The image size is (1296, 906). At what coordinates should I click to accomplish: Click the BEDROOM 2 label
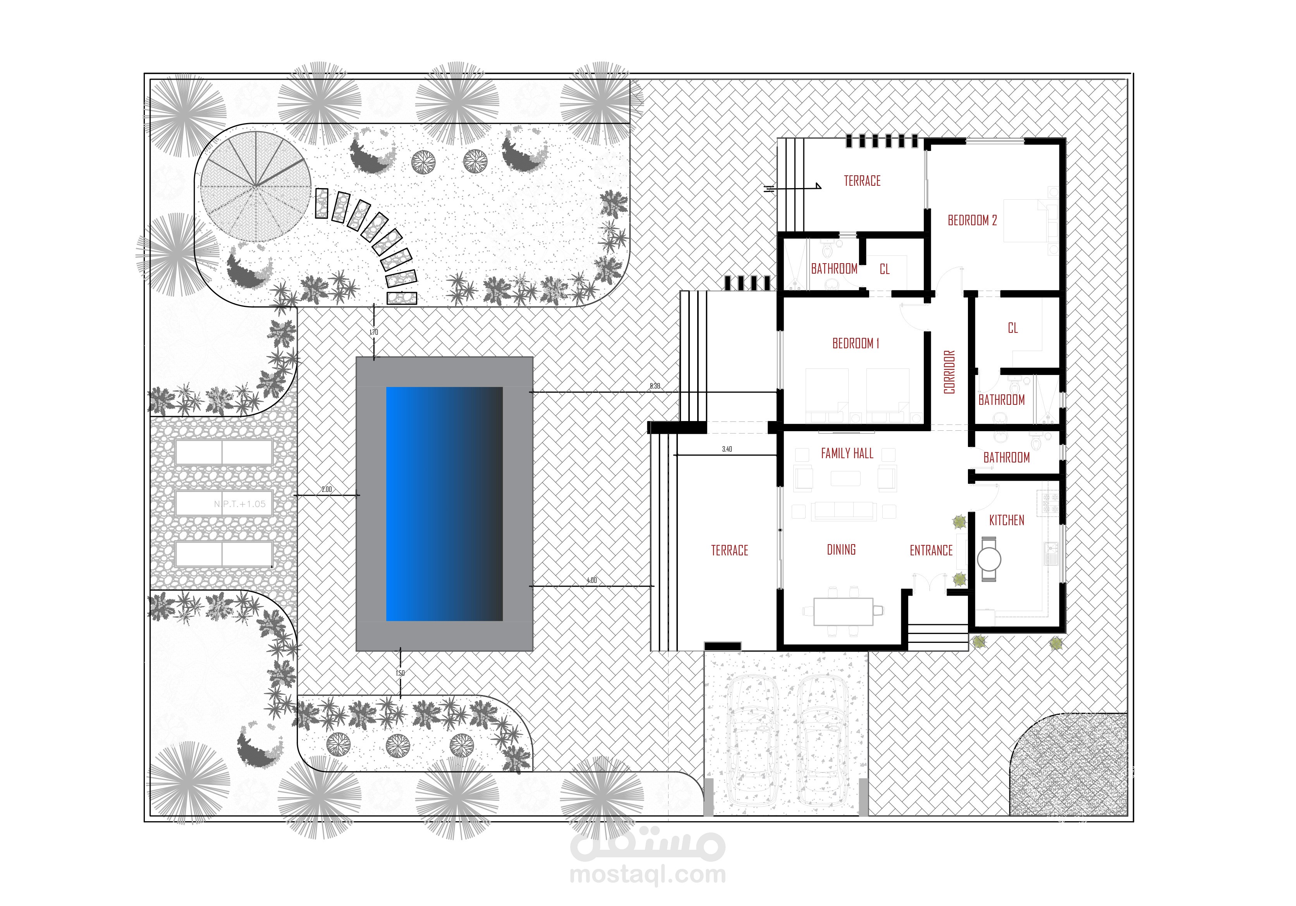click(972, 221)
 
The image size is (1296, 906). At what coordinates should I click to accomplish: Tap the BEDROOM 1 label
click(856, 344)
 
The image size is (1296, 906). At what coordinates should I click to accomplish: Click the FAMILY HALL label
click(847, 454)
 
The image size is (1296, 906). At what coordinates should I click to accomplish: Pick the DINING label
click(841, 550)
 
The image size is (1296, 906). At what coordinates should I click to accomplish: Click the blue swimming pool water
click(444, 504)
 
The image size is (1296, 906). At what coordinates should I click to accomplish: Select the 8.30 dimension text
click(655, 386)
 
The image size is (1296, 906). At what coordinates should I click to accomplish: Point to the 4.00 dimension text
click(591, 581)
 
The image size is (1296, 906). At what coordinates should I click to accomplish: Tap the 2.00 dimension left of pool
click(327, 490)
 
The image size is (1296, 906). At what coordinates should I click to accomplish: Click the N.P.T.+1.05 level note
click(239, 504)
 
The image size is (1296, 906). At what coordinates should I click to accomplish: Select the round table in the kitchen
click(989, 560)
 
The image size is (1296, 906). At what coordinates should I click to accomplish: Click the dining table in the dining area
click(843, 611)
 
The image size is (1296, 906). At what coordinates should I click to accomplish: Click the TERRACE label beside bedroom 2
click(862, 181)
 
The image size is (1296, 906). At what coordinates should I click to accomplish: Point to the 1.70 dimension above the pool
click(374, 332)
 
